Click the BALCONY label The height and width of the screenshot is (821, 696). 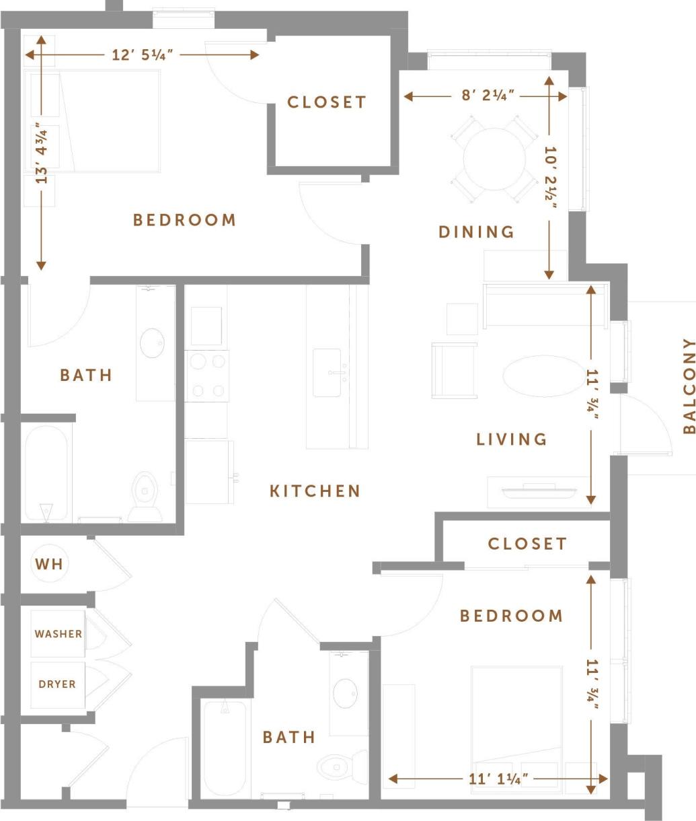pyautogui.click(x=688, y=386)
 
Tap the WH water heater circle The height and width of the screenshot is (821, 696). pyautogui.click(x=49, y=563)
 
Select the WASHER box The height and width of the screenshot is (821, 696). pyautogui.click(x=59, y=633)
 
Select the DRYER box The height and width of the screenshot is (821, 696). pyautogui.click(x=57, y=684)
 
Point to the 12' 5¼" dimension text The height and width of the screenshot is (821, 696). pyautogui.click(x=143, y=55)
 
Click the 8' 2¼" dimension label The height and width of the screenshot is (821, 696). pyautogui.click(x=488, y=96)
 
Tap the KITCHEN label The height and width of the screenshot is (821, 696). pyautogui.click(x=315, y=491)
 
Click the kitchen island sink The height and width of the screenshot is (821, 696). pyautogui.click(x=327, y=372)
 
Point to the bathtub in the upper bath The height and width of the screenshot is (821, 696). pyautogui.click(x=46, y=473)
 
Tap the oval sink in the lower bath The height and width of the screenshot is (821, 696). pyautogui.click(x=346, y=693)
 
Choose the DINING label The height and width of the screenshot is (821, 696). pyautogui.click(x=476, y=231)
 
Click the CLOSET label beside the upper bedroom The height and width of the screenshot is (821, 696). pyautogui.click(x=327, y=102)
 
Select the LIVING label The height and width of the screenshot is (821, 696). pyautogui.click(x=511, y=439)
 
